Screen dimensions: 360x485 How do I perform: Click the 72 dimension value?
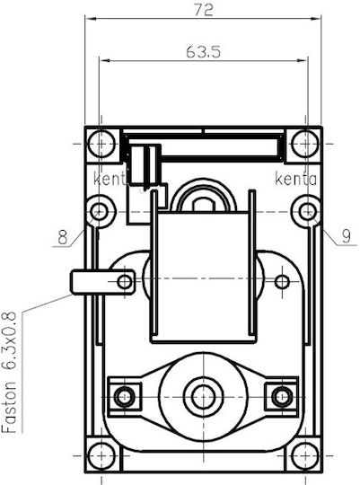click(x=204, y=10)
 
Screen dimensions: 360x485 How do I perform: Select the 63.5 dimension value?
click(x=203, y=52)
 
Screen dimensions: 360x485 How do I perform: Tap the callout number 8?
click(x=63, y=237)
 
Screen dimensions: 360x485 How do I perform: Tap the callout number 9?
click(x=347, y=236)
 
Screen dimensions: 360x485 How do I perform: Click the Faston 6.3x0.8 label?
click(x=9, y=372)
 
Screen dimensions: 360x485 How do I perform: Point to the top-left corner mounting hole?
click(x=101, y=144)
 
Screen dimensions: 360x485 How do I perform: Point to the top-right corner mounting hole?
click(x=305, y=144)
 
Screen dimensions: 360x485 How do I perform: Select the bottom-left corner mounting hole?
click(x=101, y=455)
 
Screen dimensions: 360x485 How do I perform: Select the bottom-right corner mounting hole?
click(x=305, y=455)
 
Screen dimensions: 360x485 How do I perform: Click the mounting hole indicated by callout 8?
click(x=99, y=212)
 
